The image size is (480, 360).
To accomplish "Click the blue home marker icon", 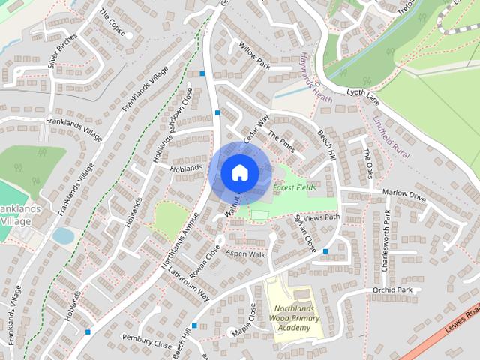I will pos(238,172).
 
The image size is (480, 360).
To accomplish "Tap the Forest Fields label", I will pos(294,187).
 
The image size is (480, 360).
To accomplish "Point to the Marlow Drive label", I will pos(403,195).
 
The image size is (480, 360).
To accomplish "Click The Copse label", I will pos(111,23).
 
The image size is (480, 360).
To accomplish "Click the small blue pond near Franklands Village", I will pos(64,235).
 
